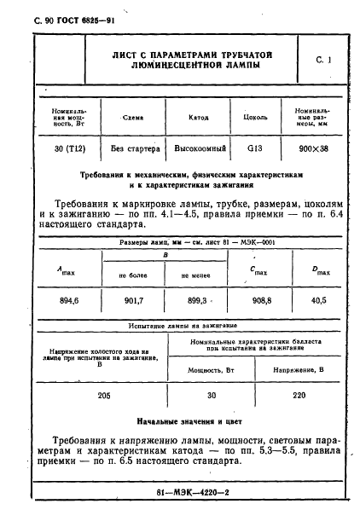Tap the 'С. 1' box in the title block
[322, 60]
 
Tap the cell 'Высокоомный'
[197, 148]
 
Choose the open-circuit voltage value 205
[104, 395]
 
